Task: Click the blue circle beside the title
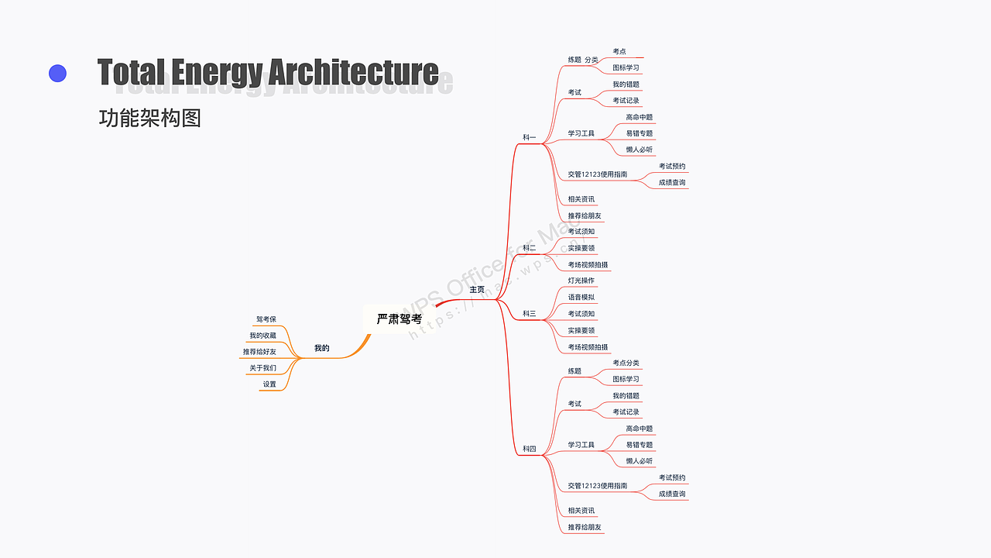click(57, 74)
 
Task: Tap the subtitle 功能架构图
click(150, 119)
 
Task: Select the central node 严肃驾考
click(399, 319)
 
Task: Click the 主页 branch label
click(477, 290)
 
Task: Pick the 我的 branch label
click(321, 349)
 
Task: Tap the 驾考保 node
click(266, 319)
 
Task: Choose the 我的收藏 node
click(262, 336)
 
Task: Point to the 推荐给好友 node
click(259, 352)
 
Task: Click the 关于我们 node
click(262, 368)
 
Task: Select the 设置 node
click(269, 384)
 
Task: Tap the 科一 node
click(530, 138)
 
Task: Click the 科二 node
click(530, 248)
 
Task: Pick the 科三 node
click(530, 314)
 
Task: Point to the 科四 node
click(530, 449)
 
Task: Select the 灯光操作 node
click(581, 281)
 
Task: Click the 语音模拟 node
click(581, 298)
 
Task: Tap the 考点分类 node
click(626, 363)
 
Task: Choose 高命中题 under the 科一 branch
click(640, 117)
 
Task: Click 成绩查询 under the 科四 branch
click(672, 494)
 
